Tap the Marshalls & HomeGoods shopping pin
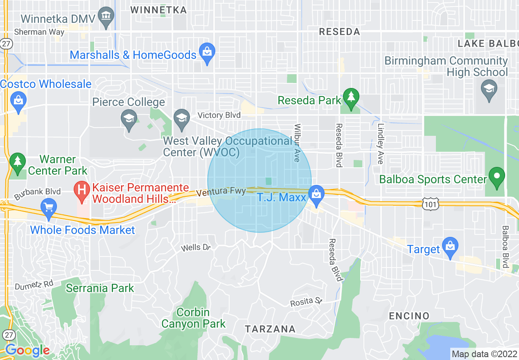[x=207, y=53]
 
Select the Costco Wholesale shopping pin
[x=19, y=100]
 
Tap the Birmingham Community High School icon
[x=489, y=88]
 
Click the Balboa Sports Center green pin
[x=496, y=177]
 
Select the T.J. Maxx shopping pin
[x=316, y=194]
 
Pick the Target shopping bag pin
[x=450, y=246]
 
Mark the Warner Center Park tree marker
[x=17, y=161]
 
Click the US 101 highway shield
[x=431, y=202]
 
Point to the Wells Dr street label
[x=196, y=248]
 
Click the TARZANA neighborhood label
[x=270, y=329]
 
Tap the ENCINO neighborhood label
[x=409, y=316]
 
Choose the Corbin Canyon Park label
[x=193, y=318]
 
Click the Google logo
[x=27, y=350]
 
